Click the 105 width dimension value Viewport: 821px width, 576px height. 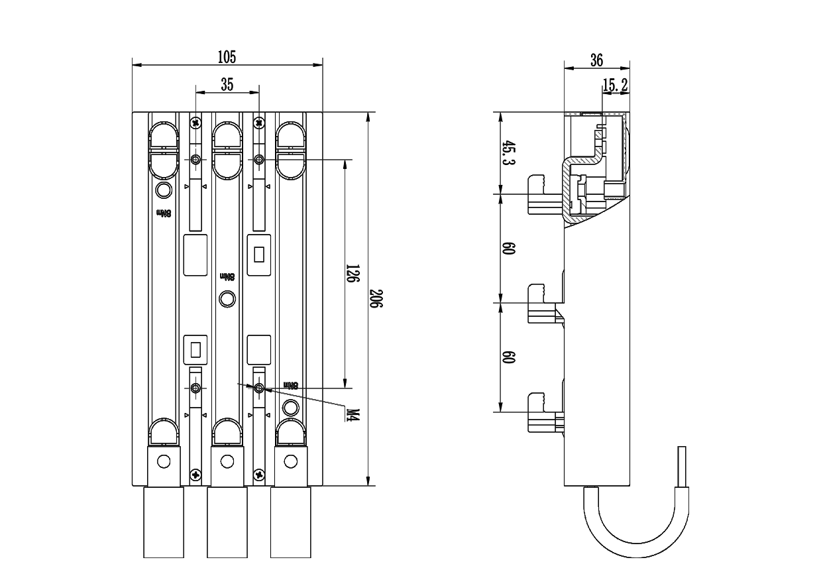227,57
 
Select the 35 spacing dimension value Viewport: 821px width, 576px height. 227,84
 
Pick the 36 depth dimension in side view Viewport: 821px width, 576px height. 596,60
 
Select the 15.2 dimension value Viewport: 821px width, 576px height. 616,84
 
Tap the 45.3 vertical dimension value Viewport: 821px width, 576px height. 509,153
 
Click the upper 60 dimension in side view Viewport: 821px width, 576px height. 509,249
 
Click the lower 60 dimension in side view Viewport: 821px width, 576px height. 509,358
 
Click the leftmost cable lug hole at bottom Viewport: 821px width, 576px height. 164,461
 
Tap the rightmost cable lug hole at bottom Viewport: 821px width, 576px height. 290,461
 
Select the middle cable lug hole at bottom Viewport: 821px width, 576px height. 227,461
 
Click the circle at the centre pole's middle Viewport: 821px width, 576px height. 227,300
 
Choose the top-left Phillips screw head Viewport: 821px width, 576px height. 195,123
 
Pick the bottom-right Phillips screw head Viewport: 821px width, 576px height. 258,474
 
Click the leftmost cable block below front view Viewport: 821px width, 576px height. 164,522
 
